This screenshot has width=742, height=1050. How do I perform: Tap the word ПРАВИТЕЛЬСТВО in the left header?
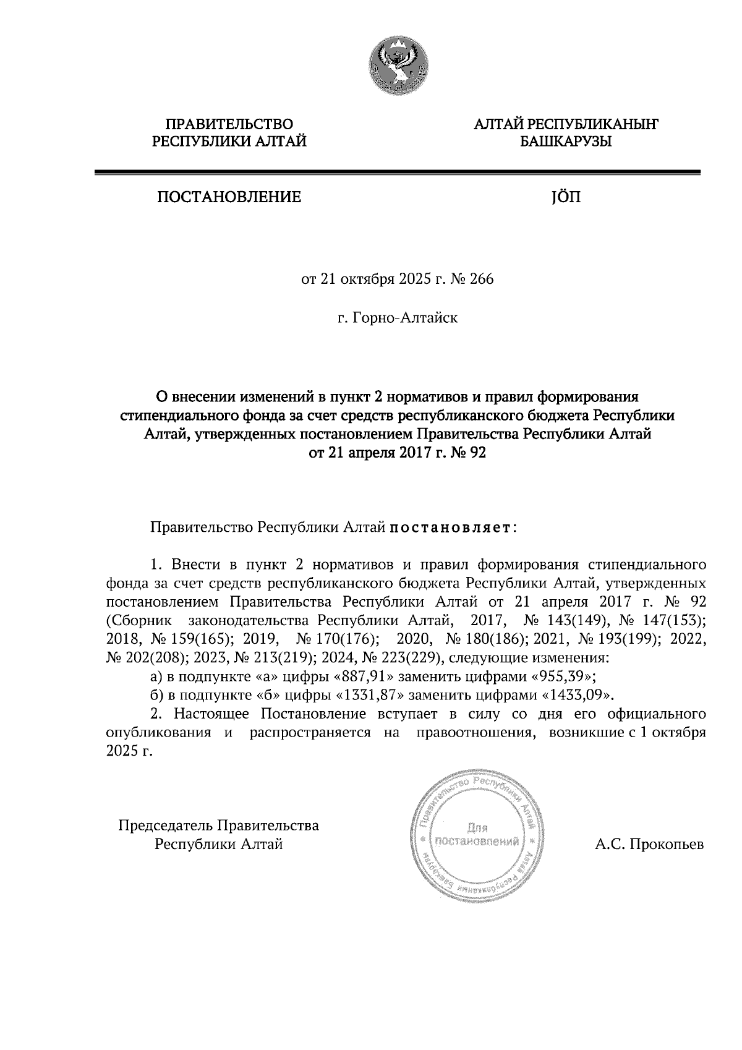pos(229,125)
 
